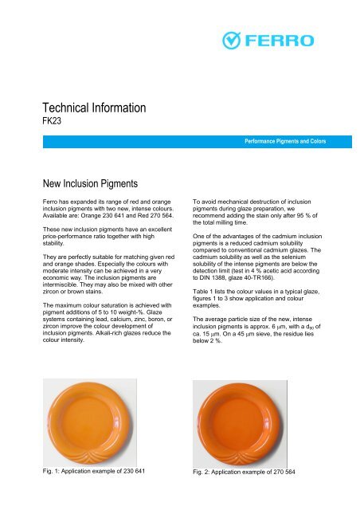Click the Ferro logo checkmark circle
(229, 39)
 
